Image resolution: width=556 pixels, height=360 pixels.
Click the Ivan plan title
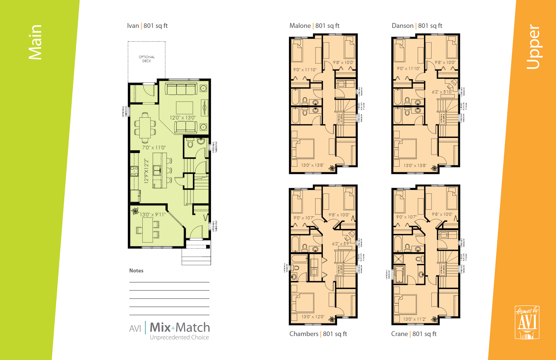pyautogui.click(x=147, y=26)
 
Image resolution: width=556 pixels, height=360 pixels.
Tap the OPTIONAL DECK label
pyautogui.click(x=147, y=59)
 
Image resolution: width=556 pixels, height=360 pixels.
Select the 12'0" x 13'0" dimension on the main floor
pyautogui.click(x=183, y=118)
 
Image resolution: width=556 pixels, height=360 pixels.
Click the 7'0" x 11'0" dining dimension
pyautogui.click(x=154, y=148)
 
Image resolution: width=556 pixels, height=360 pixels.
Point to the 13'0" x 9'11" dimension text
pyautogui.click(x=153, y=215)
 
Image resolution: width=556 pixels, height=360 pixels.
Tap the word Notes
pyautogui.click(x=136, y=271)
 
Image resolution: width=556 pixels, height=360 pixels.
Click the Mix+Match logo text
pyautogui.click(x=180, y=327)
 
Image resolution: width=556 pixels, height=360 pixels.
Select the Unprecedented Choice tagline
pyautogui.click(x=179, y=337)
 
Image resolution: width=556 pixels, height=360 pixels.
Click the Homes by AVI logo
pyautogui.click(x=527, y=322)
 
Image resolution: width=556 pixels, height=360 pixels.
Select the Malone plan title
pyautogui.click(x=314, y=26)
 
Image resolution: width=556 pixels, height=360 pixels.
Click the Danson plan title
pyautogui.click(x=417, y=26)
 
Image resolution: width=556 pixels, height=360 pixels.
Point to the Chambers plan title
pyautogui.click(x=318, y=334)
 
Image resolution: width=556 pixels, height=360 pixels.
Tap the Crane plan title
pyautogui.click(x=414, y=334)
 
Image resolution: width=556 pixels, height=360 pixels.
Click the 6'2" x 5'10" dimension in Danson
pyautogui.click(x=442, y=92)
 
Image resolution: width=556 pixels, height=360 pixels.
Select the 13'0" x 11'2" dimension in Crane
pyautogui.click(x=415, y=319)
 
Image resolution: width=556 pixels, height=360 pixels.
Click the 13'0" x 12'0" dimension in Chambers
pyautogui.click(x=313, y=317)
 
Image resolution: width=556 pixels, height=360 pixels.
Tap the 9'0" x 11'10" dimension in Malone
pyautogui.click(x=305, y=70)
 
